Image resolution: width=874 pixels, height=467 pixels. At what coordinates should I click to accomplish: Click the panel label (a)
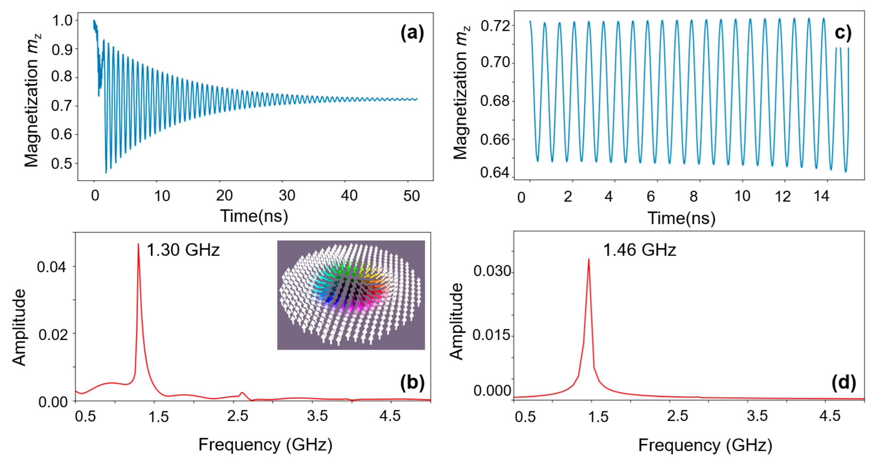pyautogui.click(x=412, y=34)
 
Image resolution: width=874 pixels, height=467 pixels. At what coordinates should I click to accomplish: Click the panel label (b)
pyautogui.click(x=412, y=382)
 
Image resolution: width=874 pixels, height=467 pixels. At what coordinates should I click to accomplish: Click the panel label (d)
pyautogui.click(x=844, y=382)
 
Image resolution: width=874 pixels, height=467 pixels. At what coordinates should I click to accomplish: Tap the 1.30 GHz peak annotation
pyautogui.click(x=183, y=250)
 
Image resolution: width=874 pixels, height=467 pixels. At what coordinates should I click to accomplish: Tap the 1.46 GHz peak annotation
pyautogui.click(x=640, y=250)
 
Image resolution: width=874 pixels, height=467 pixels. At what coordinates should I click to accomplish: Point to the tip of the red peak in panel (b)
pyautogui.click(x=138, y=244)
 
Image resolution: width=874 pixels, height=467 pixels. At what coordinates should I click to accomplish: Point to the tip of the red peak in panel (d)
pyautogui.click(x=589, y=259)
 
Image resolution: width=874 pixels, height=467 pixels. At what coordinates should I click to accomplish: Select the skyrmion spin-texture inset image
pyautogui.click(x=351, y=295)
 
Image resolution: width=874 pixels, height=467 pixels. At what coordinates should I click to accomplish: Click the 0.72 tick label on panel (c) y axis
pyautogui.click(x=495, y=26)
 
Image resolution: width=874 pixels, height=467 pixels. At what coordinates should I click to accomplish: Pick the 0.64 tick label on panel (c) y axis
pyautogui.click(x=495, y=173)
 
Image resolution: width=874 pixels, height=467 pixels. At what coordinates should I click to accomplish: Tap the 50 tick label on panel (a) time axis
pyautogui.click(x=411, y=196)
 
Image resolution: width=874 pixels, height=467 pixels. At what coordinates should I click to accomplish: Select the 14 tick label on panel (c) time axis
pyautogui.click(x=821, y=196)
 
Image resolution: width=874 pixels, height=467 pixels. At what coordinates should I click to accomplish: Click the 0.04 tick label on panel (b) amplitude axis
pyautogui.click(x=52, y=267)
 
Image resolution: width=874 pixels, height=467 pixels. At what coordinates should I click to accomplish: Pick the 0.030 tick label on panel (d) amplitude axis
pyautogui.click(x=492, y=271)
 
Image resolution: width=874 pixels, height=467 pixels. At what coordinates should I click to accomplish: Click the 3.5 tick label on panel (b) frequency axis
pyautogui.click(x=317, y=416)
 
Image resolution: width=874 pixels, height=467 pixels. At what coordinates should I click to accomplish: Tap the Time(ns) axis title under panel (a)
pyautogui.click(x=254, y=216)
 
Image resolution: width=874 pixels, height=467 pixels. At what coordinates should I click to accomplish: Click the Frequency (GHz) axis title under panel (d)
pyautogui.click(x=705, y=445)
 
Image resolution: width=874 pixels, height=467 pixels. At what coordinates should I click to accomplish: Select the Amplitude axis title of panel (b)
pyautogui.click(x=19, y=327)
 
